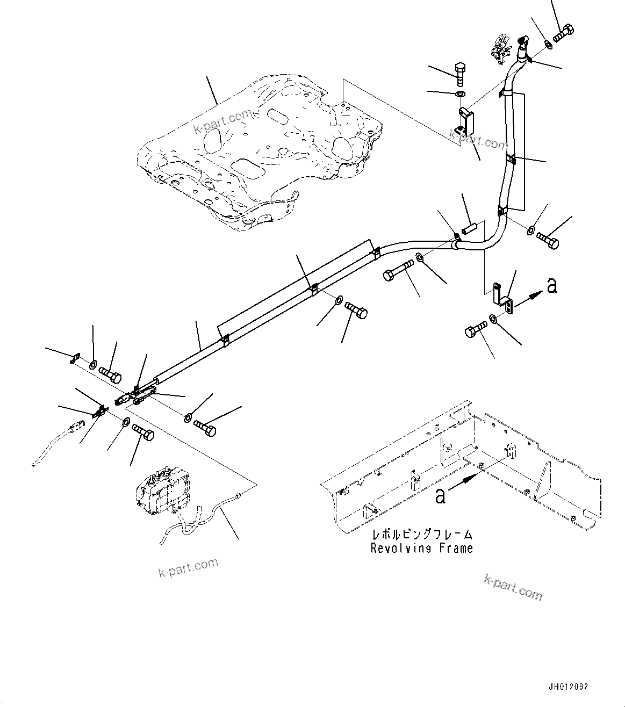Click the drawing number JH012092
tap(569, 687)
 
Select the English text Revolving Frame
tap(422, 549)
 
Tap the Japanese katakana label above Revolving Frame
tap(422, 535)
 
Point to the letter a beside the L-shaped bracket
tap(551, 286)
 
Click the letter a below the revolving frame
tap(440, 496)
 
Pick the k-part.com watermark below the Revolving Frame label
tap(513, 586)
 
